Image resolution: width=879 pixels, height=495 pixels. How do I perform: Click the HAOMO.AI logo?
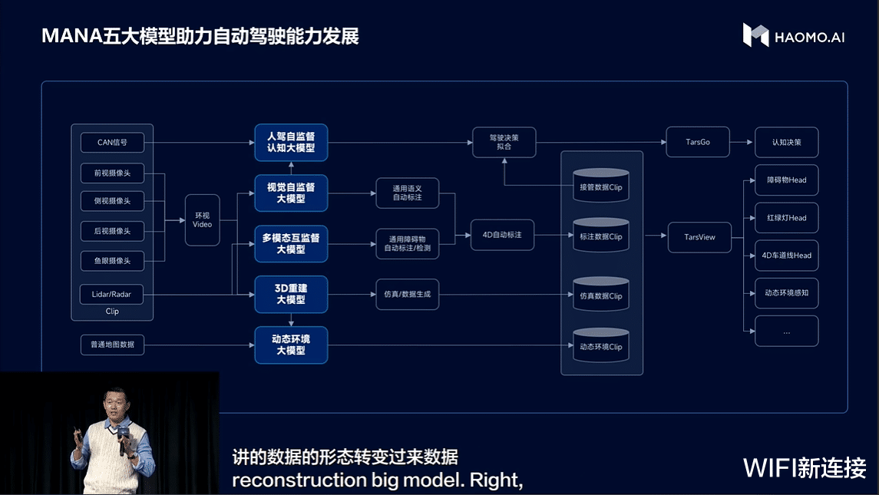pos(793,35)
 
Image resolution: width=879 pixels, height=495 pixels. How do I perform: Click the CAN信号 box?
pos(112,143)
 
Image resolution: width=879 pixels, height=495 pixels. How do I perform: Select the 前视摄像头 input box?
pos(112,173)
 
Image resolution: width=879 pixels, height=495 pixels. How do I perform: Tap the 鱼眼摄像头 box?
pos(112,261)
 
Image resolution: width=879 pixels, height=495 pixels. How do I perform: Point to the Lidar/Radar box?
pos(112,295)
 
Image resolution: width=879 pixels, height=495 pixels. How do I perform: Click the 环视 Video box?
pos(202,219)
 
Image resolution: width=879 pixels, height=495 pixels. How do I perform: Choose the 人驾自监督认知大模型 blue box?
pos(291,143)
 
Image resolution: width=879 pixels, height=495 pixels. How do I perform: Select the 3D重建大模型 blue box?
pos(291,295)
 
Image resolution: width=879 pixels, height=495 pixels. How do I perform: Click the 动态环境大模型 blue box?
pos(291,345)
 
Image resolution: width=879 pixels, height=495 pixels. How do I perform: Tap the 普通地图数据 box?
pos(112,345)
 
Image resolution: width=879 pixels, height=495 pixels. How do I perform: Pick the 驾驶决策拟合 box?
pos(504,142)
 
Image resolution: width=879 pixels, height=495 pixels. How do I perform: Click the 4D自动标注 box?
pos(502,235)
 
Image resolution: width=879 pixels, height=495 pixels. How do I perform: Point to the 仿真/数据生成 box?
pos(407,295)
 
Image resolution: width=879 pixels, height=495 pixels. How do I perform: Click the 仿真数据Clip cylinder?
pos(600,295)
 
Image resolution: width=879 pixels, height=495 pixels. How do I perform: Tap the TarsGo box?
pos(697,142)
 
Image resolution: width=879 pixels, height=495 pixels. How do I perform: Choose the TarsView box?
pos(699,237)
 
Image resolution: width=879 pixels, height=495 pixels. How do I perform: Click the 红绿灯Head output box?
pos(786,218)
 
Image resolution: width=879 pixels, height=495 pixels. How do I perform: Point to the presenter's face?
pos(109,402)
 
